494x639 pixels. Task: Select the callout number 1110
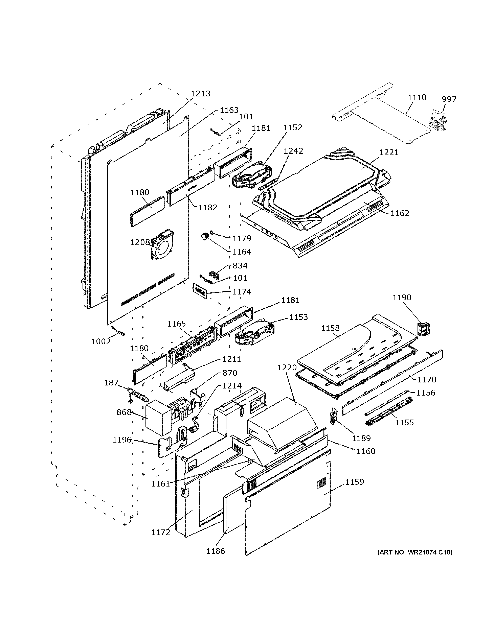(417, 97)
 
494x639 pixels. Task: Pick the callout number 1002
(101, 341)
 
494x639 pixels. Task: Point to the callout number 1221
(389, 152)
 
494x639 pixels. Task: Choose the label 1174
(242, 292)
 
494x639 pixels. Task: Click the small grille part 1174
(199, 290)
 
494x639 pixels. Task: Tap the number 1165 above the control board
(176, 324)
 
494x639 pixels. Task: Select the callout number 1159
(354, 482)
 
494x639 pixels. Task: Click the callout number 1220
(287, 368)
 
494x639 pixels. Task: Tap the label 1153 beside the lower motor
(298, 317)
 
